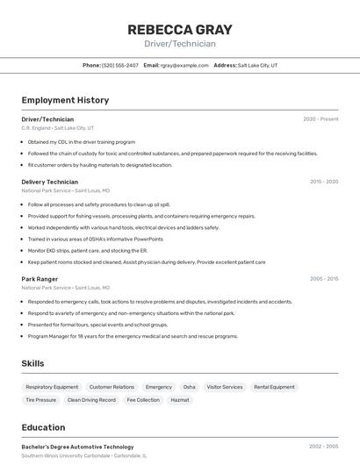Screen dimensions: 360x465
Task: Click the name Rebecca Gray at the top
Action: coord(180,28)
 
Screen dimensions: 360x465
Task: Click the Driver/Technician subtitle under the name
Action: coord(180,44)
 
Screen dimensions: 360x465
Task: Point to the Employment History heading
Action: coord(65,100)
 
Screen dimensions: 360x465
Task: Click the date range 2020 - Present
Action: coord(320,119)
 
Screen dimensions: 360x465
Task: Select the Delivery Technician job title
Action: coord(49,182)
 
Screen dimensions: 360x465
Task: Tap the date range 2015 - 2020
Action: coord(324,182)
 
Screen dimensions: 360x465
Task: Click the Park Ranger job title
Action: coord(40,279)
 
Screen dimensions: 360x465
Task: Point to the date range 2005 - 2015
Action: coord(324,279)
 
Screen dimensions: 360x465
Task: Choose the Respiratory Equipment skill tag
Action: coord(52,387)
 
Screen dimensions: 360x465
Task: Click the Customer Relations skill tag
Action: coord(112,387)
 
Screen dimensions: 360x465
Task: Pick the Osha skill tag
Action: coord(189,387)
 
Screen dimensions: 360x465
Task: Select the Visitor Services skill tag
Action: coord(224,387)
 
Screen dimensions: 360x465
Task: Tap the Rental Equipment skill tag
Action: coord(274,387)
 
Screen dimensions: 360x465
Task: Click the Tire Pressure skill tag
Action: coord(40,400)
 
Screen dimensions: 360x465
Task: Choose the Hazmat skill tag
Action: coord(179,400)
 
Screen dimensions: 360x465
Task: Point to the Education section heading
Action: coord(43,428)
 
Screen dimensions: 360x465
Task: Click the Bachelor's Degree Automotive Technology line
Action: coord(77,447)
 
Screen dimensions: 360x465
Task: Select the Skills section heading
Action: coord(33,363)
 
